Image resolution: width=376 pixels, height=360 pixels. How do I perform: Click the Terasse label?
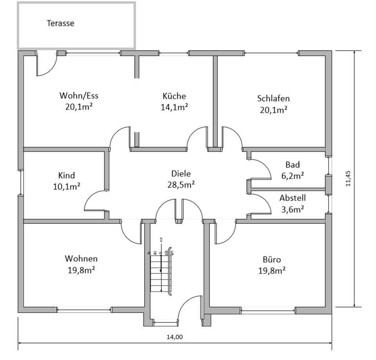[x=60, y=23]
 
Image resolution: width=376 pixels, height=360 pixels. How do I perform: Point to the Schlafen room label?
[x=273, y=98]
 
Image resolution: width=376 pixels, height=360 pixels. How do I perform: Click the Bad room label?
[x=293, y=165]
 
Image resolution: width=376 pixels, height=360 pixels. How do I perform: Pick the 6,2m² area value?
[x=293, y=176]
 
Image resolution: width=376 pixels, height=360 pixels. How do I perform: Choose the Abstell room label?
[x=293, y=198]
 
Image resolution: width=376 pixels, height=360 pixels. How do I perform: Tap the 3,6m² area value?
[x=293, y=210]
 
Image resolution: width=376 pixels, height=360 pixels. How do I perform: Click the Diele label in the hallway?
[x=181, y=174]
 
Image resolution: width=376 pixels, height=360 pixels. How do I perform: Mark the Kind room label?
[x=67, y=175]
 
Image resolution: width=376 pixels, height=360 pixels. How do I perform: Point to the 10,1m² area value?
[x=67, y=186]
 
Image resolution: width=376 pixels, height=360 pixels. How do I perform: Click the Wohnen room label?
[x=81, y=259]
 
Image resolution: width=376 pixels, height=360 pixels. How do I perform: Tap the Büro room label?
[x=272, y=259]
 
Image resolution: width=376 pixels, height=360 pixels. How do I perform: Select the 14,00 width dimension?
[x=175, y=336]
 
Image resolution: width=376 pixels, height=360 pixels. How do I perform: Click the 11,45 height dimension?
[x=348, y=179]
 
